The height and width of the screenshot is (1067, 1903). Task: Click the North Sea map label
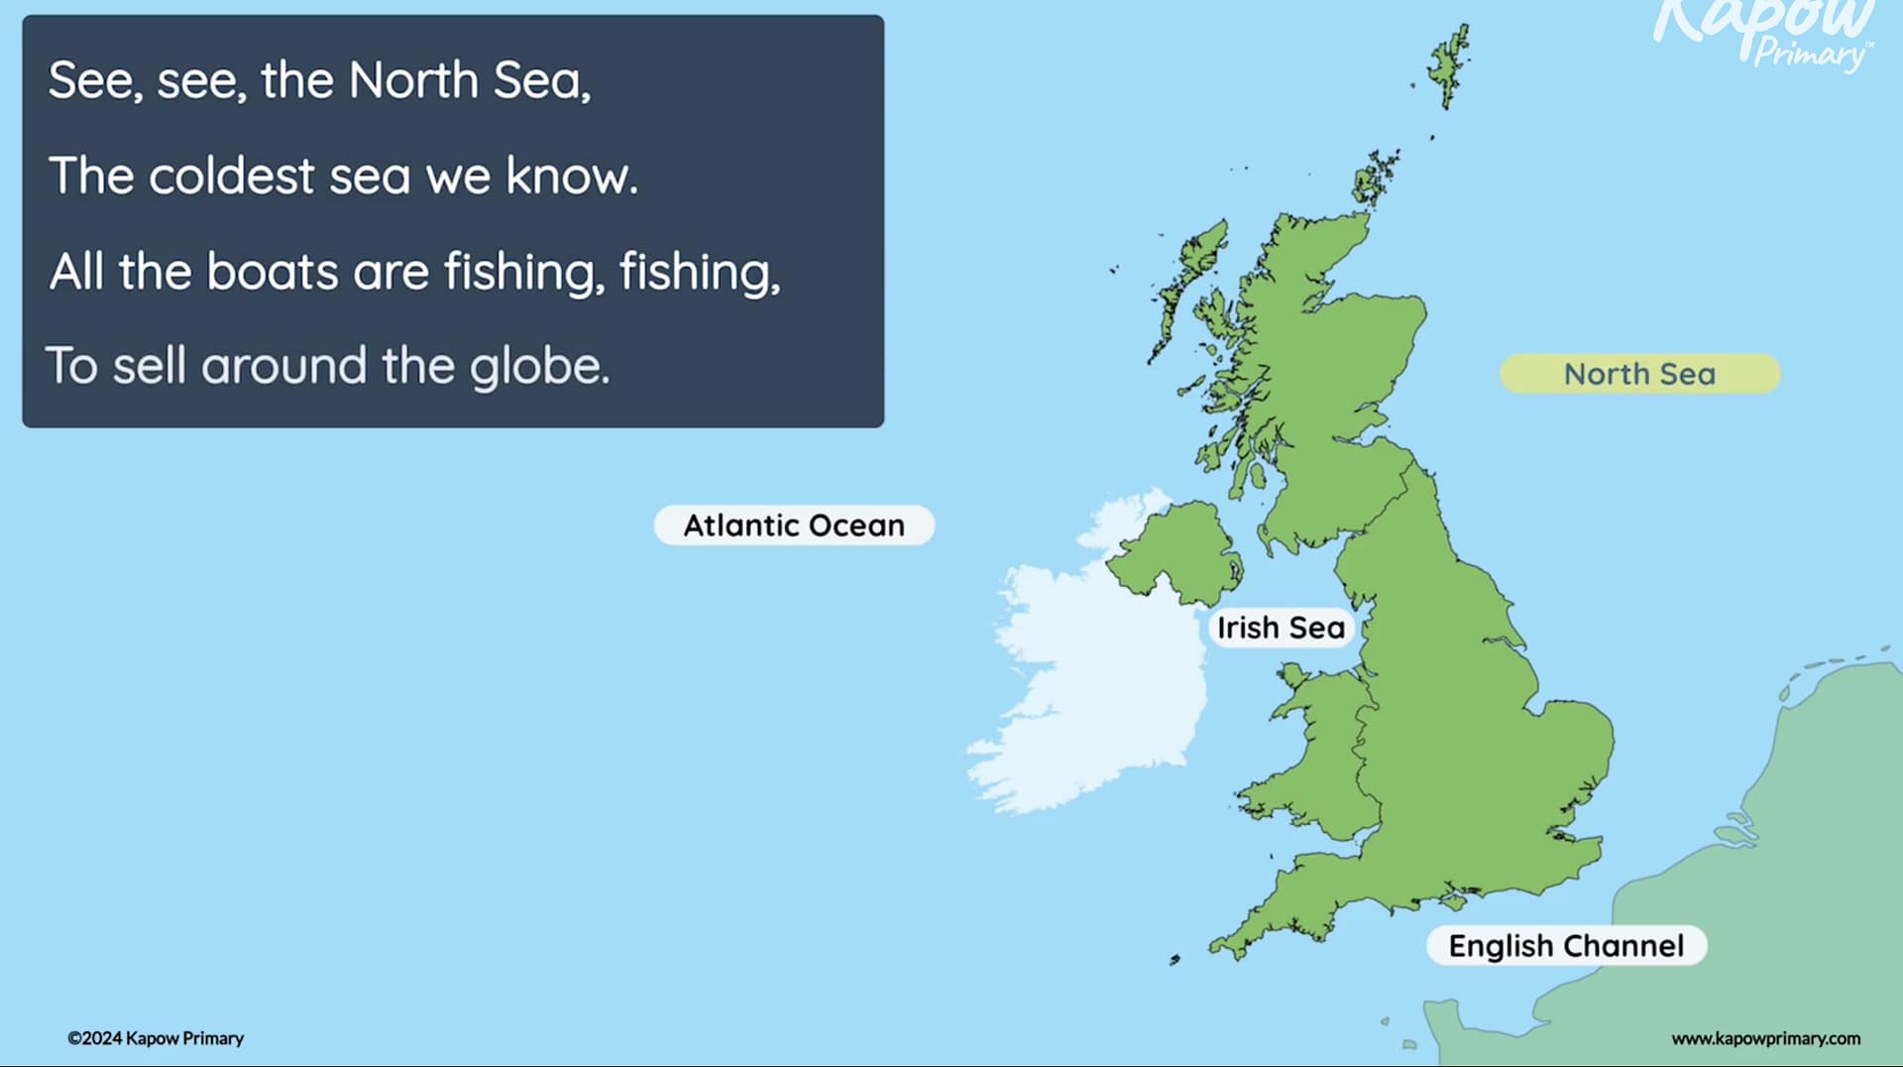1639,374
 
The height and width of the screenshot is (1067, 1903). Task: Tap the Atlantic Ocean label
794,525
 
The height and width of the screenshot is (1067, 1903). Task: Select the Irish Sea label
1281,628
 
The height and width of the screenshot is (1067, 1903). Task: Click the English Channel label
1566,945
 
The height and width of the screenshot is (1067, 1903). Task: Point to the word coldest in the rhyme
231,176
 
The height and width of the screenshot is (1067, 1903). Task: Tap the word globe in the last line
538,367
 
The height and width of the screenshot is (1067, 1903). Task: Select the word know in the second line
571,176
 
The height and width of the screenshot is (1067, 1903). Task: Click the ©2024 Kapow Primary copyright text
156,1038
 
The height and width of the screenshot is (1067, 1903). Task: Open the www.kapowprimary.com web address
1765,1038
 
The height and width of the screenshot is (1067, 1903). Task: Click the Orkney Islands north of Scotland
1375,178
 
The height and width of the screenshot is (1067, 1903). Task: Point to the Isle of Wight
1454,901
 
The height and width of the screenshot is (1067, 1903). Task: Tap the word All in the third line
76,271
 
